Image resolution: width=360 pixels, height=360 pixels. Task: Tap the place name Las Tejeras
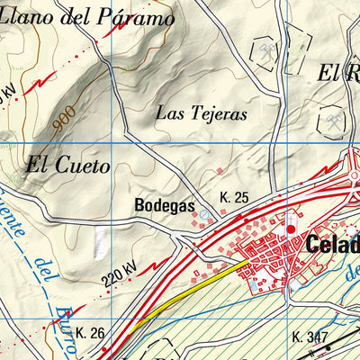tap(201, 112)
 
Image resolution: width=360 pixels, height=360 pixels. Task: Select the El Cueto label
tap(68, 166)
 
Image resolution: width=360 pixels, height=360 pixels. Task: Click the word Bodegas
tap(164, 205)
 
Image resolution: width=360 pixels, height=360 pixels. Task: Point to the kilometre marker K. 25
tap(232, 196)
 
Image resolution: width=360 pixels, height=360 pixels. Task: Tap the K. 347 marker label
tap(310, 338)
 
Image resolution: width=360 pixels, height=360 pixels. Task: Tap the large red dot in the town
tap(291, 230)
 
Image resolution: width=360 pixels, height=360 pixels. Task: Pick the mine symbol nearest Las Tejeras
tap(266, 52)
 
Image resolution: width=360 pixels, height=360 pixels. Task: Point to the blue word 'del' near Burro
tap(41, 267)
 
